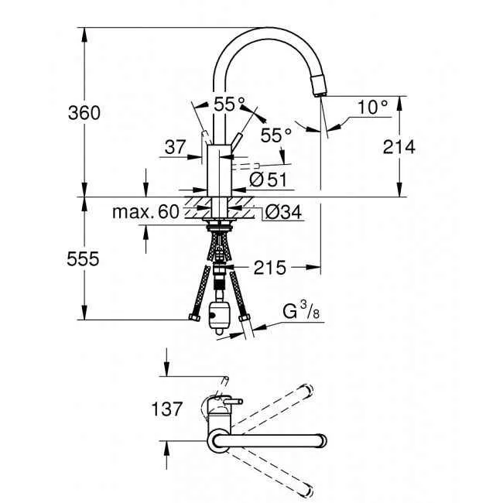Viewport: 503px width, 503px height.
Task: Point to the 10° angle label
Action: click(x=373, y=108)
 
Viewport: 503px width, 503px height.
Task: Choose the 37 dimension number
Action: click(x=174, y=146)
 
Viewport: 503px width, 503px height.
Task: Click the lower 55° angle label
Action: click(x=275, y=135)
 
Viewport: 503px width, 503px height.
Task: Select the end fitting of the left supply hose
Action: click(x=191, y=317)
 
